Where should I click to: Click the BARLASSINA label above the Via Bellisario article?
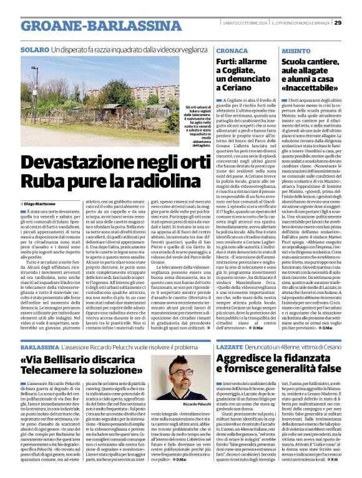pyautogui.click(x=40, y=348)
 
